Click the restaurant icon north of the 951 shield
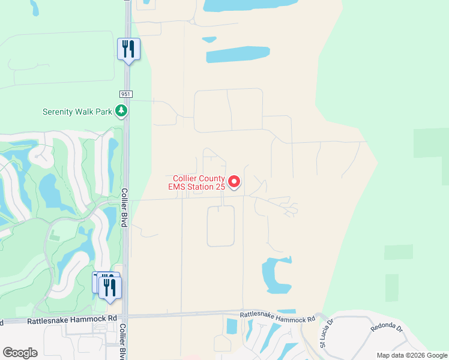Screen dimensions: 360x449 (x=128, y=49)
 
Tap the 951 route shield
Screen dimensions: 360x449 (x=125, y=94)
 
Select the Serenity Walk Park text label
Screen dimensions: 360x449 (x=78, y=112)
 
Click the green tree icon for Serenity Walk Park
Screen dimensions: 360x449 (x=121, y=110)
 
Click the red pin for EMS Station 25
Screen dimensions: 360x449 (x=234, y=181)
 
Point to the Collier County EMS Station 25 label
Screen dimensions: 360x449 (x=199, y=182)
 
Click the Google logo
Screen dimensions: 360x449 (x=20, y=352)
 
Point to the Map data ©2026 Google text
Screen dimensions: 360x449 (x=411, y=355)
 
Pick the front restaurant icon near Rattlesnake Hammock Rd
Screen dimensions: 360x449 (x=110, y=287)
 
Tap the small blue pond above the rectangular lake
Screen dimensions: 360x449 (x=209, y=40)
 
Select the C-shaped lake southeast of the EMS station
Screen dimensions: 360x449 (x=275, y=275)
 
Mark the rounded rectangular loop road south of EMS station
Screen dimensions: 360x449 (x=220, y=226)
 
